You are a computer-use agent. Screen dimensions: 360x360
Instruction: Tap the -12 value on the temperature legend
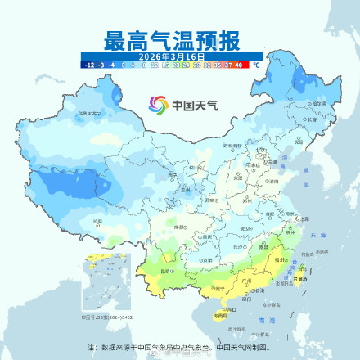pos(87,63)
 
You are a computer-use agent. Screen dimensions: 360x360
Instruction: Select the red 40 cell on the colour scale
pos(237,63)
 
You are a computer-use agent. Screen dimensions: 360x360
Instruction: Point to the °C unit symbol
pos(255,63)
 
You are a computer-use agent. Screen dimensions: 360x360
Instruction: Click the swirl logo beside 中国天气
pos(158,105)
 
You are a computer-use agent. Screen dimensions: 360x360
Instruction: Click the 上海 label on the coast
pos(303,219)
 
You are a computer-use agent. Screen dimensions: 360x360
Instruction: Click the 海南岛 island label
pos(219,313)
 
